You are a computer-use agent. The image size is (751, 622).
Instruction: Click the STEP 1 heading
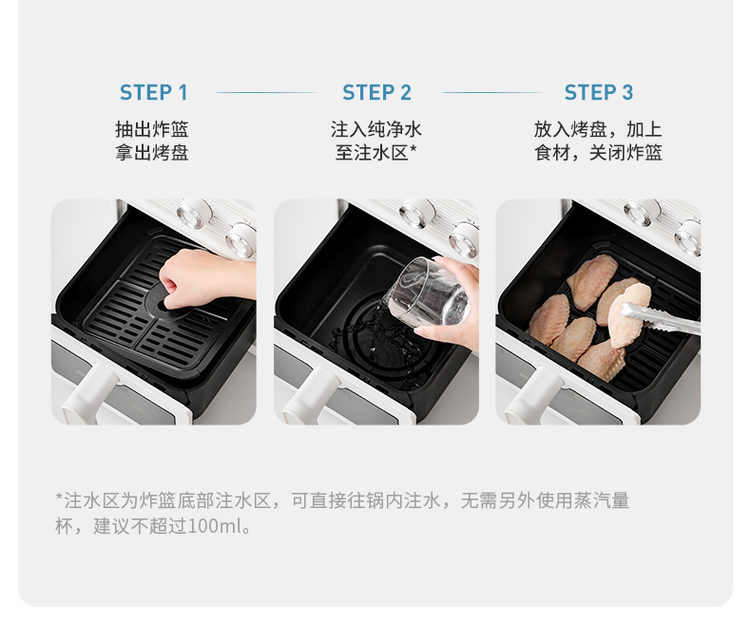153,92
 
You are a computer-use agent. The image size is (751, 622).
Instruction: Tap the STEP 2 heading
376,92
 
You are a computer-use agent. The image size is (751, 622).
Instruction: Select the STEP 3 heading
598,92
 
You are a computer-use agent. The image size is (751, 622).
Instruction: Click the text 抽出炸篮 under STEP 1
152,129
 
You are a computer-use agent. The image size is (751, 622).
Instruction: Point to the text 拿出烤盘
152,153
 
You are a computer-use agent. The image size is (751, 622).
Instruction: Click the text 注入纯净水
376,129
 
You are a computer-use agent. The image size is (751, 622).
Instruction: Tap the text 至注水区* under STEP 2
376,153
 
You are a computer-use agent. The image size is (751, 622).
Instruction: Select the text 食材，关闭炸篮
598,153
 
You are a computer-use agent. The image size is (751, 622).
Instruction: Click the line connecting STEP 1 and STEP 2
266,92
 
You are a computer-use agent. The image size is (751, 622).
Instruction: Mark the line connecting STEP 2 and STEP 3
491,92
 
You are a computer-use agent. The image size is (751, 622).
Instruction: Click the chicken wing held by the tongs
628,313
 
